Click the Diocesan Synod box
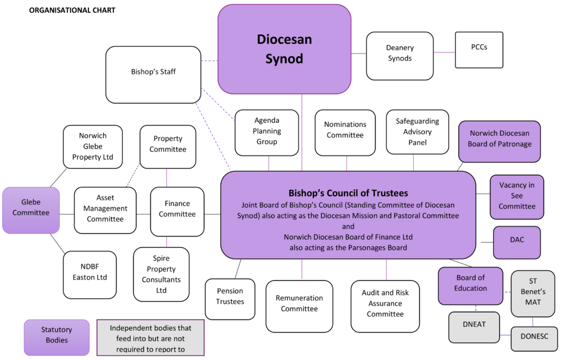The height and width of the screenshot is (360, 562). [284, 49]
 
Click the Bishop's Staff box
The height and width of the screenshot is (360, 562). [153, 74]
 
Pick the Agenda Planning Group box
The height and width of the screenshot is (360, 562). [267, 132]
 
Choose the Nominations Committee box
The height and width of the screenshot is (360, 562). [345, 132]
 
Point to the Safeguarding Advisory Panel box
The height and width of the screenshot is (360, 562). [417, 132]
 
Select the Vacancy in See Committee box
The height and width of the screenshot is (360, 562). [517, 196]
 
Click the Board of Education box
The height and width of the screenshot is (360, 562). [470, 286]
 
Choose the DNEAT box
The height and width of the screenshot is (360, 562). [474, 327]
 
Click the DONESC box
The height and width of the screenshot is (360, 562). [534, 338]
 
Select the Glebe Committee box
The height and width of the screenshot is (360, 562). [31, 210]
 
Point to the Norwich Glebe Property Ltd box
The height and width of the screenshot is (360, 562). [92, 146]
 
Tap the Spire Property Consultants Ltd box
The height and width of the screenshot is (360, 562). [161, 274]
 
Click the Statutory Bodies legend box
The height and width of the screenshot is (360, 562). [56, 337]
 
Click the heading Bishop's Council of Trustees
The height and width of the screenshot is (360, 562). [348, 193]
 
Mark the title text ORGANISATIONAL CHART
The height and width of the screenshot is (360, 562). [72, 10]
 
